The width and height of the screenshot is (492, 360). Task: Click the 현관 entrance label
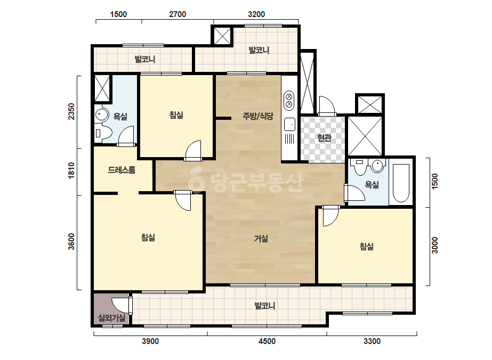tap(324, 137)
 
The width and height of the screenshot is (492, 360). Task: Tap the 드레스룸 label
tap(122, 170)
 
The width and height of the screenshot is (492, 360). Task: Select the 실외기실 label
tap(112, 318)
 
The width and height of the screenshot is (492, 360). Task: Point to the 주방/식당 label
tap(258, 116)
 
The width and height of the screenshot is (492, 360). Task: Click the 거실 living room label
tap(261, 239)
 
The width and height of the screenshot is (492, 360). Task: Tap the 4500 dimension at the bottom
tap(267, 341)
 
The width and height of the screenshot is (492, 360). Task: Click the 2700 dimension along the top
tap(178, 14)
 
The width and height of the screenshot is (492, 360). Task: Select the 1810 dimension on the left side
tap(71, 171)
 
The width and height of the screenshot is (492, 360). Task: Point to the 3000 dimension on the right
tap(434, 245)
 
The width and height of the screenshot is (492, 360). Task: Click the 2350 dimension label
tap(71, 111)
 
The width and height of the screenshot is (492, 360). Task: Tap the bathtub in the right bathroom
tap(401, 183)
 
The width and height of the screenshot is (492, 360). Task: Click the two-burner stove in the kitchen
tap(289, 100)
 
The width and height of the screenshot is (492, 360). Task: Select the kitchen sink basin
tap(289, 125)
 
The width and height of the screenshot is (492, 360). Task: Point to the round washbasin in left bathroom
tap(101, 114)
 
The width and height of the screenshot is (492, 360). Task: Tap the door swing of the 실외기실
tap(120, 305)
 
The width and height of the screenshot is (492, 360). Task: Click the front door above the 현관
tap(326, 105)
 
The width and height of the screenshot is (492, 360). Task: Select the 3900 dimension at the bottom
tap(150, 341)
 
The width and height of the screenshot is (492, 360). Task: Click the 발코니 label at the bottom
tap(265, 306)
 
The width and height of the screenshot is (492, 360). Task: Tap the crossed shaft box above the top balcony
tap(222, 36)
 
